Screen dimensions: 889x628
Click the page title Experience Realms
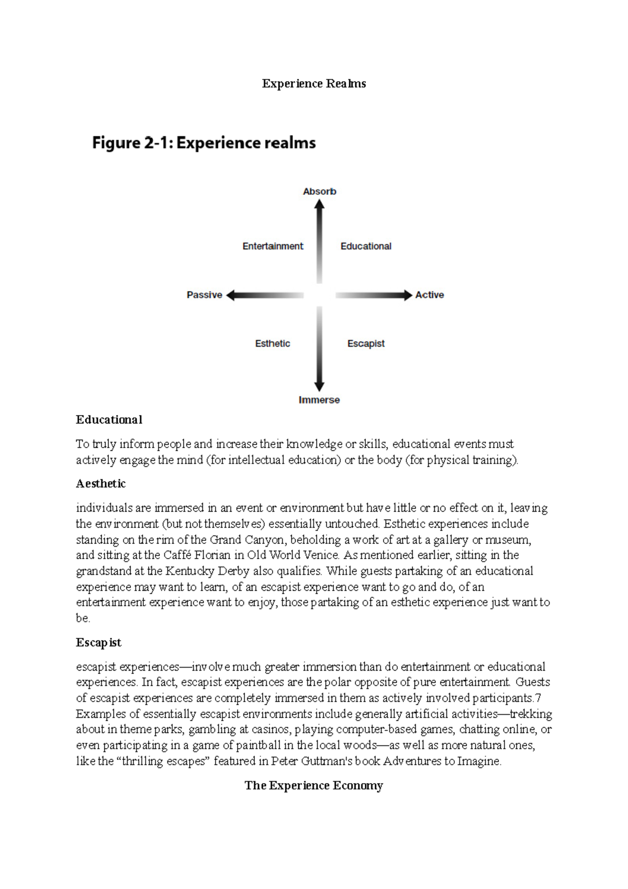click(x=313, y=84)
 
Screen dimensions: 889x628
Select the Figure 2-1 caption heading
click(x=204, y=143)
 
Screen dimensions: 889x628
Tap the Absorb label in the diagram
click(x=319, y=192)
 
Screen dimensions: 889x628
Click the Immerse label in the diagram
click(x=319, y=400)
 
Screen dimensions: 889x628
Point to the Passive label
click(x=204, y=295)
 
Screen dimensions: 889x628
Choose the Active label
click(x=429, y=295)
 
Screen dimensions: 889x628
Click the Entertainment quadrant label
click(x=273, y=246)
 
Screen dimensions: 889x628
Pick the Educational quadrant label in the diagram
click(x=366, y=246)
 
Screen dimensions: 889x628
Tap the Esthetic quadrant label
click(x=272, y=343)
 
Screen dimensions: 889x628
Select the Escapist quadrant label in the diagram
click(x=366, y=343)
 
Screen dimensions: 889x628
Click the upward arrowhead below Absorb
click(x=319, y=204)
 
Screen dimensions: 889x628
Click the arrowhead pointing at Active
click(x=408, y=295)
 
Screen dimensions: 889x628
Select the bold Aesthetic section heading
click(x=100, y=484)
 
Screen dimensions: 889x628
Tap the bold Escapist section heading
click(x=98, y=642)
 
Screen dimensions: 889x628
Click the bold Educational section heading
click(x=109, y=420)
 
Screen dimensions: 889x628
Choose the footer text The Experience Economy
click(x=313, y=785)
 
